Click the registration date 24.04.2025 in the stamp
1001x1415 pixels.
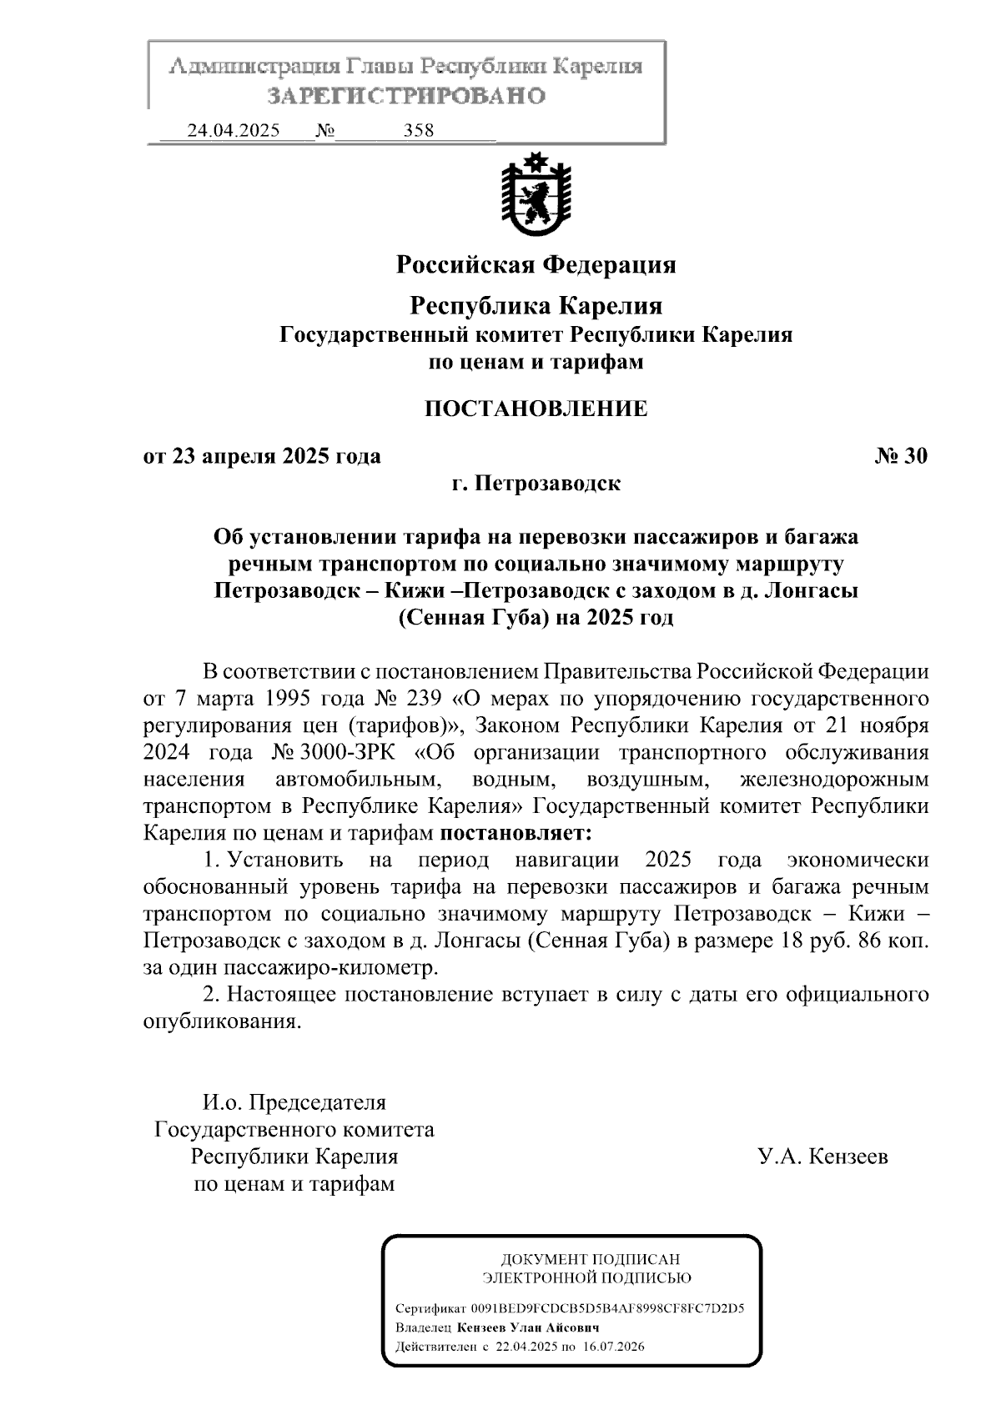pos(233,131)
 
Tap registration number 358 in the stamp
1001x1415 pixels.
pos(418,131)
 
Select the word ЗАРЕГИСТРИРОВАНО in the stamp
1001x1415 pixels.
pos(406,96)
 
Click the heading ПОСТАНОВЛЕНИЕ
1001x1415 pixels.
pos(536,409)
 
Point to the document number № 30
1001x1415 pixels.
pos(901,456)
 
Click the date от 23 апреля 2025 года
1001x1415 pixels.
pos(262,456)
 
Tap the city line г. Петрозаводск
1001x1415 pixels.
pos(536,484)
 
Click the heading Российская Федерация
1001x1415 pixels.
pos(536,265)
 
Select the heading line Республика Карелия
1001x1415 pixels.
pos(536,306)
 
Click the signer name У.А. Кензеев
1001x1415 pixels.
pos(822,1157)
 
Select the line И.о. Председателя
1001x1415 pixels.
pos(294,1102)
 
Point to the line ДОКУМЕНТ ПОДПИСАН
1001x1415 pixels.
pos(589,1259)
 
